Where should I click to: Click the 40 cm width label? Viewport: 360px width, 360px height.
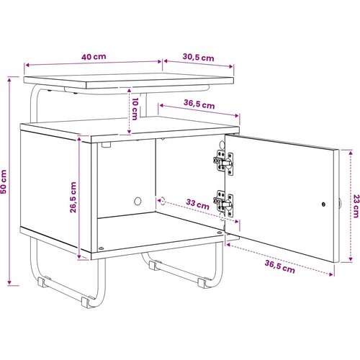pyautogui.click(x=94, y=57)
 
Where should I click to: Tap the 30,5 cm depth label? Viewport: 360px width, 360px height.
pyautogui.click(x=198, y=58)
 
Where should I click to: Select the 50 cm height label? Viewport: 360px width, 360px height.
pyautogui.click(x=4, y=181)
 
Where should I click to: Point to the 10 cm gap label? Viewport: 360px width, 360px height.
pyautogui.click(x=135, y=109)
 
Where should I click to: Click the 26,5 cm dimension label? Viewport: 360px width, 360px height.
pyautogui.click(x=73, y=197)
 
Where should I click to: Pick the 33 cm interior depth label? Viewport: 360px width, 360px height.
pyautogui.click(x=197, y=204)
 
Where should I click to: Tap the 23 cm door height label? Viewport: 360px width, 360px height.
pyautogui.click(x=356, y=206)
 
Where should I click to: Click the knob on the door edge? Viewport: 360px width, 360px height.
pyautogui.click(x=340, y=204)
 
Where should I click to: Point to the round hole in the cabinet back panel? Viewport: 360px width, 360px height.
pyautogui.click(x=138, y=201)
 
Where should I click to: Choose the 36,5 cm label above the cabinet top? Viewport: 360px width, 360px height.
pyautogui.click(x=199, y=104)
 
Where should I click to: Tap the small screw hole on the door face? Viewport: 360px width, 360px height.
pyautogui.click(x=323, y=204)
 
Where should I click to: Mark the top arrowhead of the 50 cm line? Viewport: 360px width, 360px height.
pyautogui.click(x=9, y=79)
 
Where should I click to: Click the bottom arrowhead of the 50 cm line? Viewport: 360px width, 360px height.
pyautogui.click(x=9, y=283)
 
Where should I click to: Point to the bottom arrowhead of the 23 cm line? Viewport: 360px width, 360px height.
pyautogui.click(x=351, y=259)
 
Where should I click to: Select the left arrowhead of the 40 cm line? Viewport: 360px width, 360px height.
pyautogui.click(x=27, y=65)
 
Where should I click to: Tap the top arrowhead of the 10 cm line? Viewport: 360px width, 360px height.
pyautogui.click(x=129, y=91)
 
